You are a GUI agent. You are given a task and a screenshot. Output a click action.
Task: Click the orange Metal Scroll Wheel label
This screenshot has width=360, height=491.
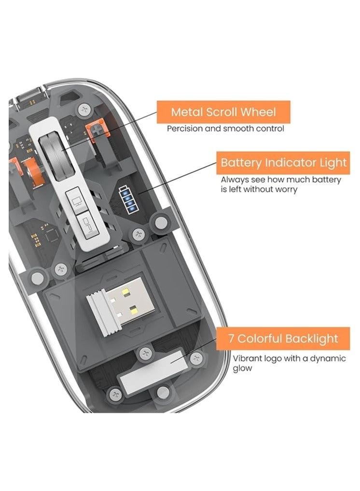(x=223, y=112)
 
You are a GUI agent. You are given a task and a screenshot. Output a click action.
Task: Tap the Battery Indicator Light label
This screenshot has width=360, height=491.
(x=283, y=163)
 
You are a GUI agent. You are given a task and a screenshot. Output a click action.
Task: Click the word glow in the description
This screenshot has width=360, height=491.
(x=242, y=368)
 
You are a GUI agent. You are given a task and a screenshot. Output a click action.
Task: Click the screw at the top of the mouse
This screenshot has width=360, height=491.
(x=85, y=110)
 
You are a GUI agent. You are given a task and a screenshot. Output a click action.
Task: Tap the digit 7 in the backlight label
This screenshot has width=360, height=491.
(x=231, y=338)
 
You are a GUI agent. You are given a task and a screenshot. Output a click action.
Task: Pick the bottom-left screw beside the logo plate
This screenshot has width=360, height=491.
(x=115, y=394)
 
